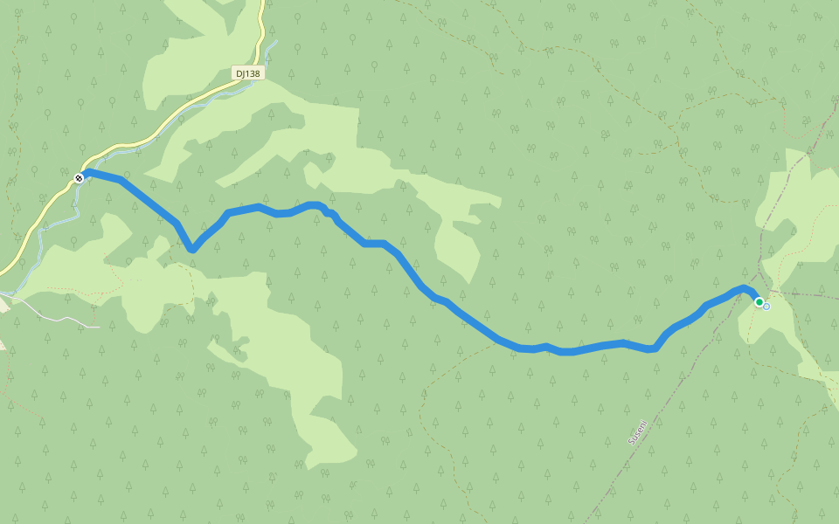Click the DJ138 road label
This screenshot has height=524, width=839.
[247, 73]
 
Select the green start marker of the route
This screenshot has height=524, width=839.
[759, 302]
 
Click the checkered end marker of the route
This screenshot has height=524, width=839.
[79, 178]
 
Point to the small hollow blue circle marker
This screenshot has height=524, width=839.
[767, 307]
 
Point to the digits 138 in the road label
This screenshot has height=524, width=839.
[253, 73]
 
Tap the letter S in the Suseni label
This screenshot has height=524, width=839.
[631, 442]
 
